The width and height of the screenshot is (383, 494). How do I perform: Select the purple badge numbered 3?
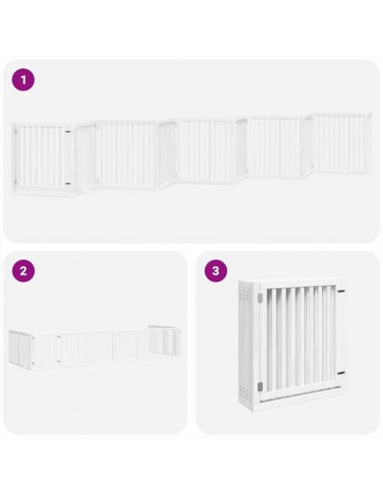pos(217,272)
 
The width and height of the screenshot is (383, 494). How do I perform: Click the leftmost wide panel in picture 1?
pos(42,158)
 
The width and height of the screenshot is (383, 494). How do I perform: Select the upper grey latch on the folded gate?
pos(259,295)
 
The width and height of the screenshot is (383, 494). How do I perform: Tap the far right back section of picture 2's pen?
pos(165,338)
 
